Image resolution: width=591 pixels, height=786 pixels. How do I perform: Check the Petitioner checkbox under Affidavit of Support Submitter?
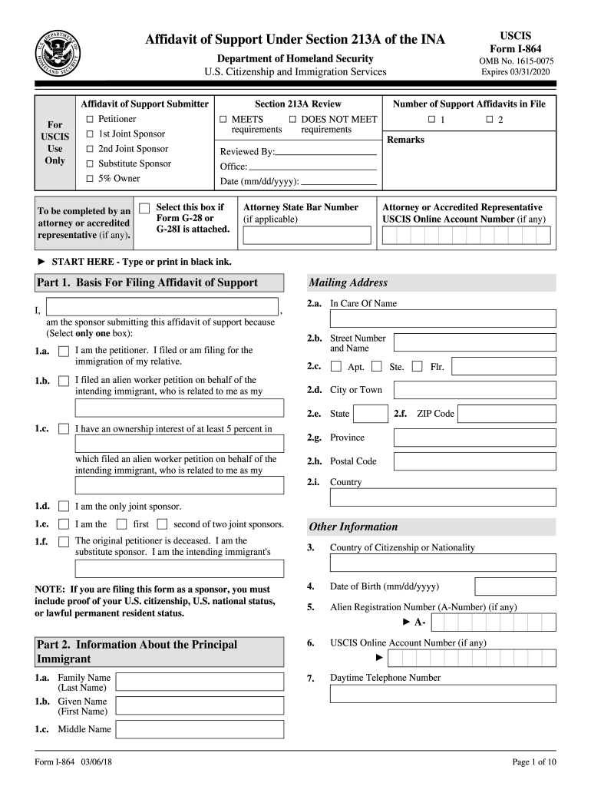(x=90, y=119)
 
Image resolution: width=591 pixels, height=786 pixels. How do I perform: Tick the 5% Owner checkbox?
(x=90, y=178)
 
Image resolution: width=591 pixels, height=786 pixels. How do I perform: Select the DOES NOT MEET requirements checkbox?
(x=292, y=119)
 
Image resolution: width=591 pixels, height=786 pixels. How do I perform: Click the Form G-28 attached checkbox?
(x=144, y=209)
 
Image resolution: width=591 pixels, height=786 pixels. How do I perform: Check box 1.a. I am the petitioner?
(x=64, y=351)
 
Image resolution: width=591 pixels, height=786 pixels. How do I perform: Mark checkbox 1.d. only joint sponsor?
(x=64, y=507)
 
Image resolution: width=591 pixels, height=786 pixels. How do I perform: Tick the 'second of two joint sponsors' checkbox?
(x=162, y=524)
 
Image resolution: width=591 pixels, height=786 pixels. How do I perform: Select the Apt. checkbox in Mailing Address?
(x=336, y=367)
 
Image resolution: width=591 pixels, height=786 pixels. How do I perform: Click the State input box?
(x=371, y=414)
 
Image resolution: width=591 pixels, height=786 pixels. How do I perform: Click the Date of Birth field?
(x=515, y=586)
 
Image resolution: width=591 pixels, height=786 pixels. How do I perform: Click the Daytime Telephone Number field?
(x=443, y=694)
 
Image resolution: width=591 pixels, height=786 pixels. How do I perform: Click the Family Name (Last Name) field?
(x=199, y=682)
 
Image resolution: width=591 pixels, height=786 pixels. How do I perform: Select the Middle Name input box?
(x=199, y=729)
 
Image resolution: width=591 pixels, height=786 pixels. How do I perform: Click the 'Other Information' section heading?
(x=353, y=527)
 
